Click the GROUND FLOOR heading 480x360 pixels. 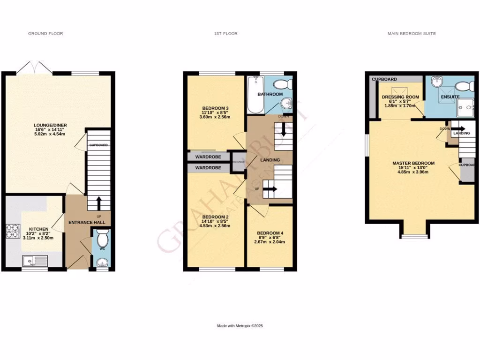coord(45,34)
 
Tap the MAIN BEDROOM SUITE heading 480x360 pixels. coord(412,34)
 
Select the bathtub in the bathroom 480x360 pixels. coord(255,95)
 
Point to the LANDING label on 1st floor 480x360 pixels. coord(270,160)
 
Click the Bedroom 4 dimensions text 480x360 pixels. coord(270,242)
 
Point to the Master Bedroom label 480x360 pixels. coord(413,163)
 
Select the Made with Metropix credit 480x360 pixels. coord(240,326)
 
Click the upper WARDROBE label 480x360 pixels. coord(208,156)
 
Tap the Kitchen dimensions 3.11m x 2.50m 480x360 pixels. coord(38,238)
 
